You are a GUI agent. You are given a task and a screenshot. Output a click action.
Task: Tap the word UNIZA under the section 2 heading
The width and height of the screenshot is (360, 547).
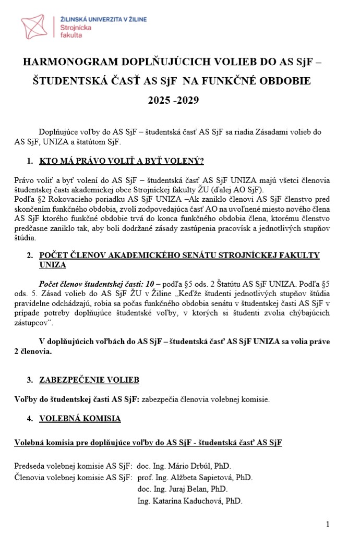pos(53,264)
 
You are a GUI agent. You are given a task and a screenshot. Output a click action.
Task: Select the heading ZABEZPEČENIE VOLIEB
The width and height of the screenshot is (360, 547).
pos(89,380)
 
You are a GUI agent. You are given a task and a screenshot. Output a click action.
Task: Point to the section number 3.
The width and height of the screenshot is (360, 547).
pos(29,380)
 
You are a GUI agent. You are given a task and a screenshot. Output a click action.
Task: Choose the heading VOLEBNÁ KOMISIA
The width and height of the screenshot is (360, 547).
pos(80,418)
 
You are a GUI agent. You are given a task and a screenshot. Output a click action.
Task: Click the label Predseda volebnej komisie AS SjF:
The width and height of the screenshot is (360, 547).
pos(73,466)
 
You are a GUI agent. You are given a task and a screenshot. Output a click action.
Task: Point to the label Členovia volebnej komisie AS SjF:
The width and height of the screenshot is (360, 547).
pos(73,477)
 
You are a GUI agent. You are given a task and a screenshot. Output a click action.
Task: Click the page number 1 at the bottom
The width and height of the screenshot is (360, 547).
pos(327,524)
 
